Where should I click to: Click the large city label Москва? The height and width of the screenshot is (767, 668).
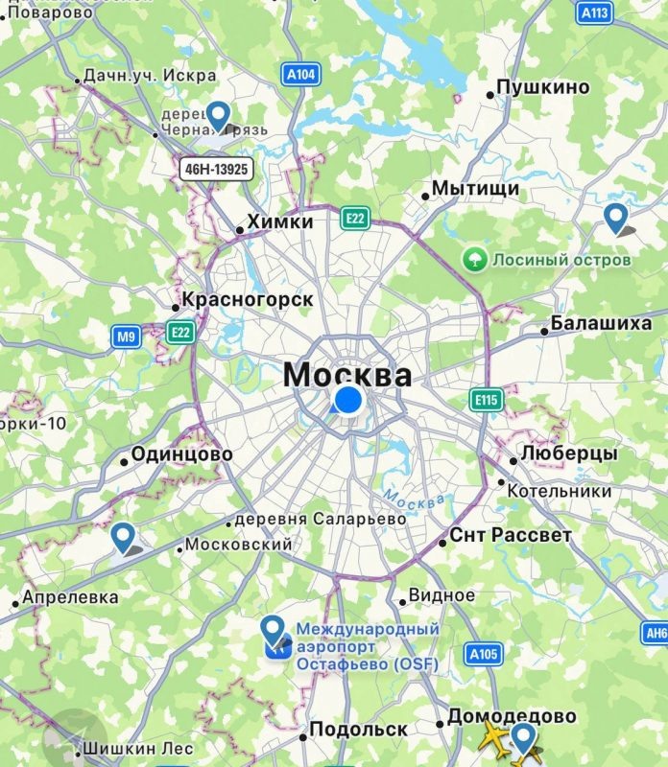(348, 374)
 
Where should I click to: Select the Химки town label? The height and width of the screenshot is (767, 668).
(280, 222)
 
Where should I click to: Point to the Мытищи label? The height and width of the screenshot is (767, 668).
(475, 189)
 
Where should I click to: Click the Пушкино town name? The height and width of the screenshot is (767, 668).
(543, 87)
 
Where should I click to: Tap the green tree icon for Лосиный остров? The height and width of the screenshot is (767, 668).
(473, 259)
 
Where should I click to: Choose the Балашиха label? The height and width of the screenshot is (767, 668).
(601, 323)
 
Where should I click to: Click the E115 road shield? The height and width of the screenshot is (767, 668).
(487, 400)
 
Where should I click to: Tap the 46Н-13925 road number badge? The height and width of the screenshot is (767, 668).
(215, 170)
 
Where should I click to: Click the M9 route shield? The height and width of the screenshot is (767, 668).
(126, 337)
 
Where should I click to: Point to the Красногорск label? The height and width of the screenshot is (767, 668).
(248, 300)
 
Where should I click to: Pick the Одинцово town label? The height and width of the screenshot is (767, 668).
(181, 454)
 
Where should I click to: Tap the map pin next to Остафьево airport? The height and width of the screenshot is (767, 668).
(274, 631)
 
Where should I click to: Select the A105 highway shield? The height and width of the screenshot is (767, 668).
(484, 654)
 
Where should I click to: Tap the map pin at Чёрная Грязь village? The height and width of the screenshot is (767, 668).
(219, 116)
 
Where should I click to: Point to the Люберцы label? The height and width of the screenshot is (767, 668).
(569, 453)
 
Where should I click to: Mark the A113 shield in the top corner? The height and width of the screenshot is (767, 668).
(595, 12)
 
